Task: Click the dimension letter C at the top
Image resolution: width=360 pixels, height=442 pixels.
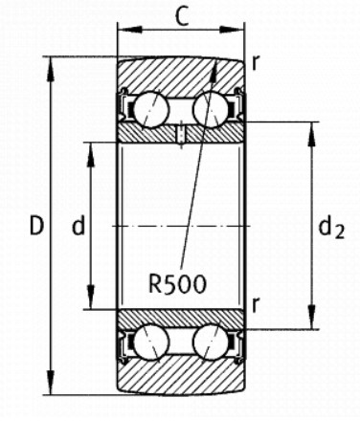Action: pyautogui.click(x=182, y=17)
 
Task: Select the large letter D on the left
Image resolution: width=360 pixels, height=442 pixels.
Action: pyautogui.click(x=36, y=225)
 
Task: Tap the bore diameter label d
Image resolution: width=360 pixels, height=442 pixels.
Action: pyautogui.click(x=79, y=225)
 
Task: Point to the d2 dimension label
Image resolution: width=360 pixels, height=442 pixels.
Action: pyautogui.click(x=331, y=228)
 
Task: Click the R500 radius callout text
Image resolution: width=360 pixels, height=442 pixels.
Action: pyautogui.click(x=178, y=284)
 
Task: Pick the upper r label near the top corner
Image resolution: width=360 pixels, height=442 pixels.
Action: pyautogui.click(x=255, y=63)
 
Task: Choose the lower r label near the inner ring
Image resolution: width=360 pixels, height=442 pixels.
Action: pyautogui.click(x=255, y=305)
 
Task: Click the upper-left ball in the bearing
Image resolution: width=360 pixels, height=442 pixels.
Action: pyautogui.click(x=151, y=110)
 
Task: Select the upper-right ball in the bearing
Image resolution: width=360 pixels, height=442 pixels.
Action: pyautogui.click(x=211, y=110)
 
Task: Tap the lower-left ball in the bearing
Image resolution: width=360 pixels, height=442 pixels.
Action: pyautogui.click(x=151, y=342)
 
